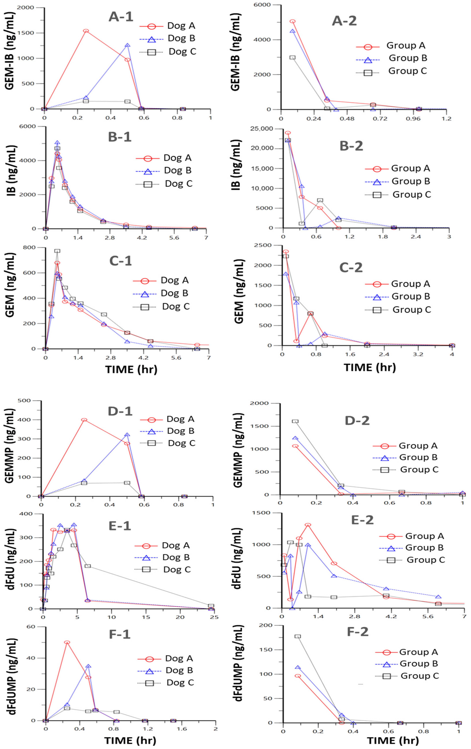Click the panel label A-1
[x=121, y=16]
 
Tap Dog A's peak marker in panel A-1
[x=86, y=31]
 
